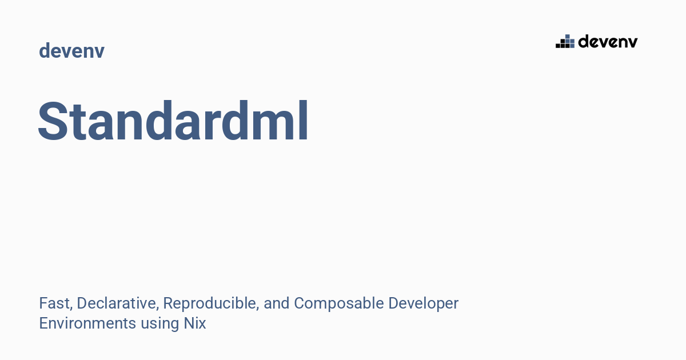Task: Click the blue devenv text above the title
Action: click(71, 51)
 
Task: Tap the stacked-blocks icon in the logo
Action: click(565, 41)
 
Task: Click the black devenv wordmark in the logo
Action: click(608, 41)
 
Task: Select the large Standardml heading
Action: click(173, 122)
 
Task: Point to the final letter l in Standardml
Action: click(304, 122)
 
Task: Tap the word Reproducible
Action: click(210, 303)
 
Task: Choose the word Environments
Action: click(87, 323)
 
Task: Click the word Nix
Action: click(195, 323)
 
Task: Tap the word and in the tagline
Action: click(277, 303)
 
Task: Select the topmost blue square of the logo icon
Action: click(568, 37)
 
